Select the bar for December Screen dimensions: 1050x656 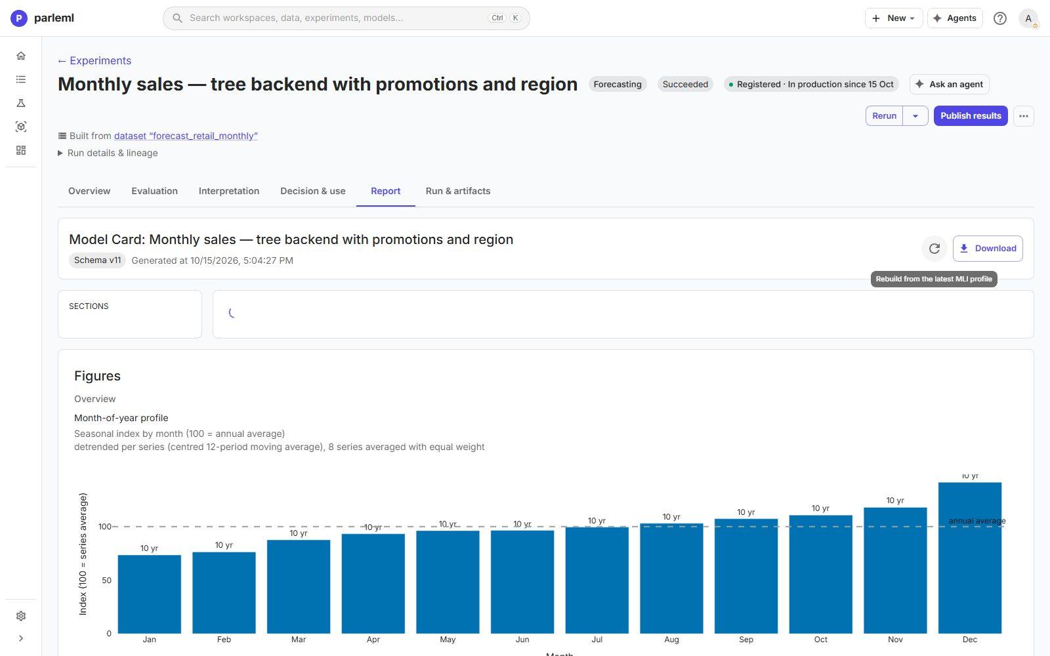(969, 558)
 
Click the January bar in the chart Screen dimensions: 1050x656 (149, 594)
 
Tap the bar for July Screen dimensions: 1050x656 (597, 580)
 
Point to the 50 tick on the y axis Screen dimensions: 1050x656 (107, 580)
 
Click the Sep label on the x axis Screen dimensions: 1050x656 (745, 640)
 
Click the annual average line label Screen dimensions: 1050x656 (977, 521)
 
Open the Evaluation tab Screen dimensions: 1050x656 (154, 191)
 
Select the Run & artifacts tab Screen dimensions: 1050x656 (457, 191)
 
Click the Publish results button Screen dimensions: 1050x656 (971, 115)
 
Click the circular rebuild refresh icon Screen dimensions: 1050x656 (934, 249)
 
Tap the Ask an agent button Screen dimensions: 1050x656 (949, 85)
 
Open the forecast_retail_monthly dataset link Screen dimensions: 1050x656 (186, 136)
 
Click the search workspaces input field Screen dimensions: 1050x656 (346, 18)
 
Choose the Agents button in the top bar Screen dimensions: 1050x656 (954, 18)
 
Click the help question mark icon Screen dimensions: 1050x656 (1000, 18)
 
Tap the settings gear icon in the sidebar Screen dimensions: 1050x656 (20, 616)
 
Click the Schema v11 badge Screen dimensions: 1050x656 (97, 260)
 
